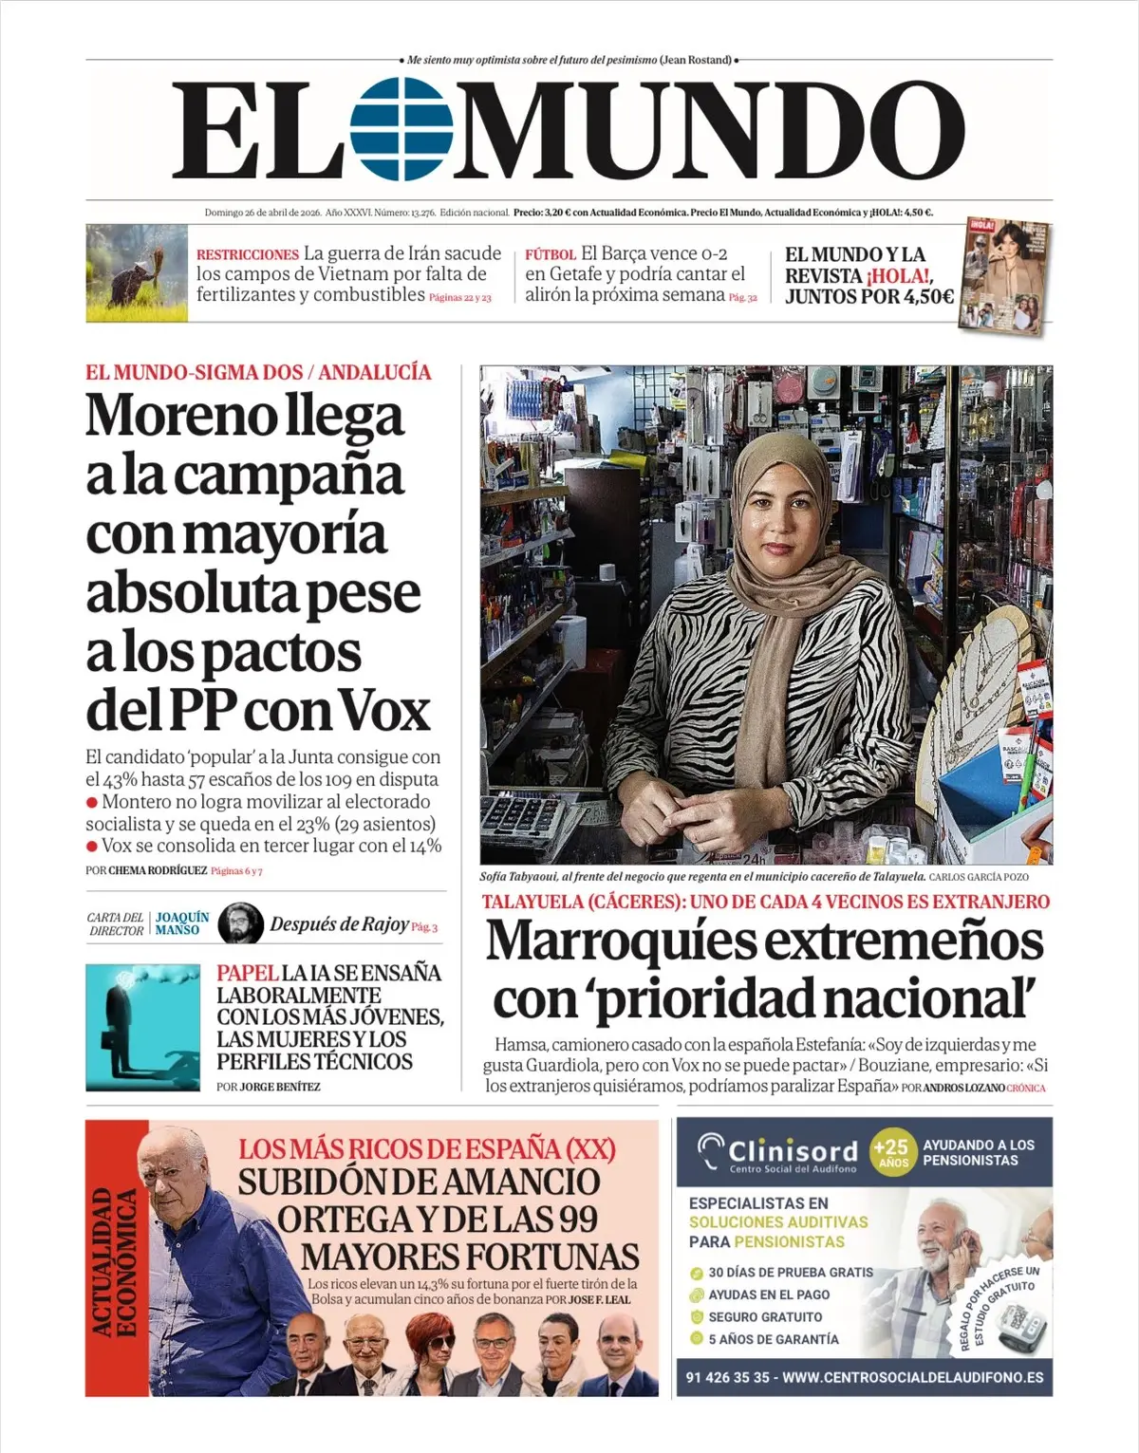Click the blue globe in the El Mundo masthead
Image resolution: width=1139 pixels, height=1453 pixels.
(x=400, y=129)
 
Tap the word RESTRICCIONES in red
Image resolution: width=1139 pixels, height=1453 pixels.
(x=247, y=254)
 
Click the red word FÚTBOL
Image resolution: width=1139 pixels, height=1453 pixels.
(x=551, y=254)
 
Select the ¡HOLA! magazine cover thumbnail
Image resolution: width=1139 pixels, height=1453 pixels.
(x=1004, y=276)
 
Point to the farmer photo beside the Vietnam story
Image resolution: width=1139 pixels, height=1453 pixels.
(x=136, y=273)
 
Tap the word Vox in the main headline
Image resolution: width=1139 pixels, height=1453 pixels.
(x=383, y=712)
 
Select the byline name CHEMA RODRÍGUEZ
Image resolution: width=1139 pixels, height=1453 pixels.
(x=158, y=870)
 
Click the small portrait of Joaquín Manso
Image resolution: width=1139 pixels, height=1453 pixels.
(x=240, y=923)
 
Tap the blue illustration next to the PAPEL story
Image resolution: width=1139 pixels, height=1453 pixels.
(x=142, y=1027)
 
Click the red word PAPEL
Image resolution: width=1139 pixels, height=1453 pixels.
(x=247, y=973)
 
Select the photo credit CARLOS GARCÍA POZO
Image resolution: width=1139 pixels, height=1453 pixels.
(x=979, y=877)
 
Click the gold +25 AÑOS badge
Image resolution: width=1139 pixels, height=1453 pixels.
(x=892, y=1153)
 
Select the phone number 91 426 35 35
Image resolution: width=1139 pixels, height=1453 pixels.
(x=728, y=1377)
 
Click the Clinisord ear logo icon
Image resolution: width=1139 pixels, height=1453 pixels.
(x=710, y=1151)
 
